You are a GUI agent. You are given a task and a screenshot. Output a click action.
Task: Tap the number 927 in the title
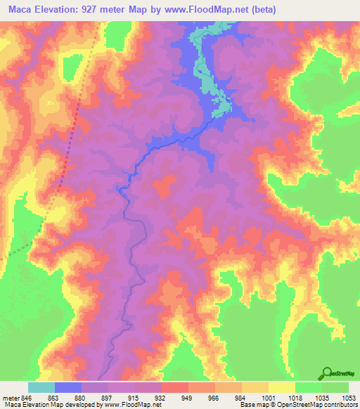point(98,10)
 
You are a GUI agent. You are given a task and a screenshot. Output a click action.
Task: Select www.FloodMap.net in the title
point(205,10)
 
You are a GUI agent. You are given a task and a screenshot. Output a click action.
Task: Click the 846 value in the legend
point(27,397)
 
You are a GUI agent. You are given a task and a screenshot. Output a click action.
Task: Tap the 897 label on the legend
point(108,397)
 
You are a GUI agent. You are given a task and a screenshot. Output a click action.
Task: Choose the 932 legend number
point(161,397)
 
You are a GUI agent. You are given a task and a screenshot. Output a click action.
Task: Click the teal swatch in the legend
point(41,387)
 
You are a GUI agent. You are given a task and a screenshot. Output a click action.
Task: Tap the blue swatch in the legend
point(67,387)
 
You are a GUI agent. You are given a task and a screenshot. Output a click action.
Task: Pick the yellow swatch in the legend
point(281,387)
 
